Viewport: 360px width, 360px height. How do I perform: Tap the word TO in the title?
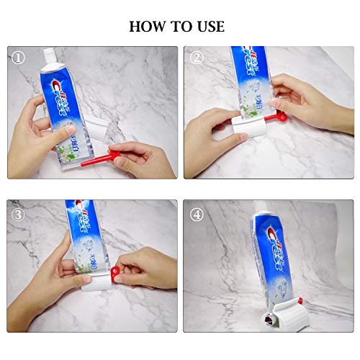coord(179,27)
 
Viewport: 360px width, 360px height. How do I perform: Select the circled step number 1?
coord(18,57)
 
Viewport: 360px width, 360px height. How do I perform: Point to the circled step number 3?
coord(18,214)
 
